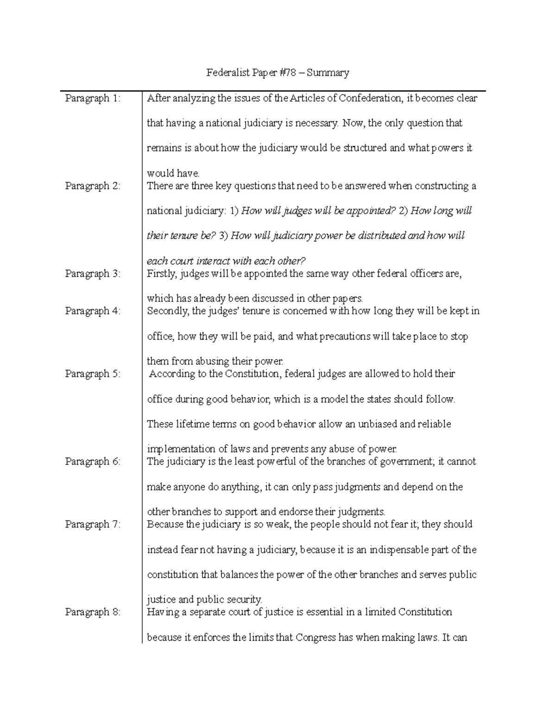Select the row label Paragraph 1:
[93, 98]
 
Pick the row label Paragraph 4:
[93, 311]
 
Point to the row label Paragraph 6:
[93, 462]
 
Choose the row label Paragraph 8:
[93, 612]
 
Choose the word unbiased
[375, 424]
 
